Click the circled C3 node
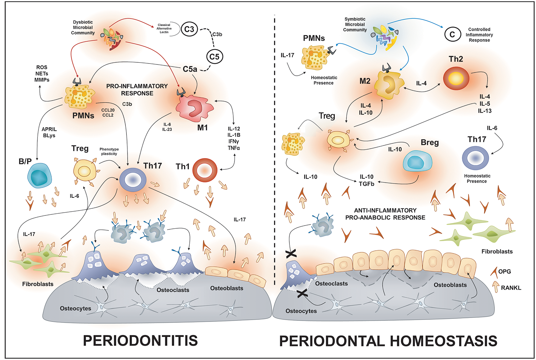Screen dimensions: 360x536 (x=189, y=29)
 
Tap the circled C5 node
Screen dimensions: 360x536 (x=214, y=57)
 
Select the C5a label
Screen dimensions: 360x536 (x=190, y=69)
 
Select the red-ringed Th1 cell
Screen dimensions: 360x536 (x=205, y=170)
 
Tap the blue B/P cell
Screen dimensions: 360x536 (x=39, y=175)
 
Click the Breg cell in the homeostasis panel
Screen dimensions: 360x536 (x=417, y=162)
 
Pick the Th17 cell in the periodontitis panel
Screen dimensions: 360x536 (x=133, y=180)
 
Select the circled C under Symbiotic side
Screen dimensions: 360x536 (x=453, y=34)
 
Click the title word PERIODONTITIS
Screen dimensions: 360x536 (x=140, y=341)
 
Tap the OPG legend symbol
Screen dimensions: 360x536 (x=494, y=272)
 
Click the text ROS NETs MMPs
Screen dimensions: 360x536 (x=42, y=74)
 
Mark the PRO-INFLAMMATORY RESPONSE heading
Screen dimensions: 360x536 (x=137, y=90)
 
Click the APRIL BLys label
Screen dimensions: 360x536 (x=49, y=132)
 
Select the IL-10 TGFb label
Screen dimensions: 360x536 (x=367, y=180)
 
